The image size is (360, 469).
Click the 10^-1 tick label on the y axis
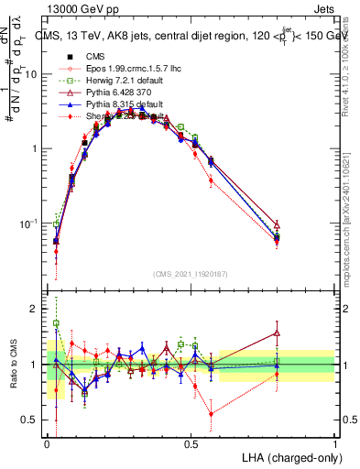point(30,224)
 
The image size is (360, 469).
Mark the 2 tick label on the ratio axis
point(35,310)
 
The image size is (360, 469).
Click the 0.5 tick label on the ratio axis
point(31,420)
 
